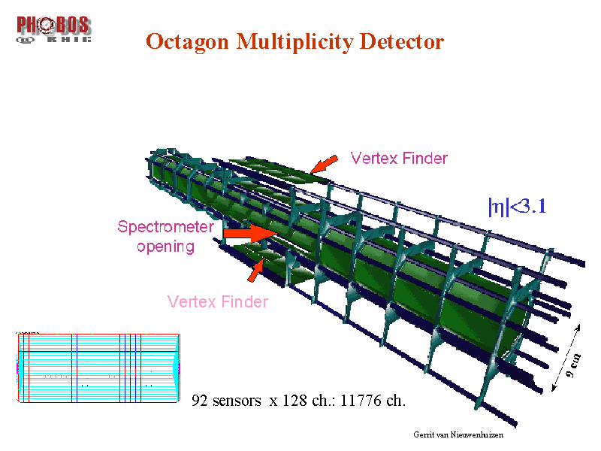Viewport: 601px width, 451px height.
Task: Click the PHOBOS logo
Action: point(53,29)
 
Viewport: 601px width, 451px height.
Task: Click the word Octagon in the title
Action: point(187,42)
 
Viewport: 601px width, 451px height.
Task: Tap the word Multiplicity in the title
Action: point(294,42)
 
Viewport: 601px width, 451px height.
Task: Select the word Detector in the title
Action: point(402,41)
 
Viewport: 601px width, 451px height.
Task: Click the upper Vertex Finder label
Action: point(399,159)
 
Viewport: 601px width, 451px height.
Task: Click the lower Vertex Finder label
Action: point(218,302)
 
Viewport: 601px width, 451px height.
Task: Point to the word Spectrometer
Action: point(165,227)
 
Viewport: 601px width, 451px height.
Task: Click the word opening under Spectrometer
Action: point(165,247)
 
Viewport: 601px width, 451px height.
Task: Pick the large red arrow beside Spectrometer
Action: point(250,233)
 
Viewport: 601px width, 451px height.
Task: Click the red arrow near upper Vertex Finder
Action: point(324,164)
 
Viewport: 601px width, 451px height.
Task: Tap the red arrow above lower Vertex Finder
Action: point(255,271)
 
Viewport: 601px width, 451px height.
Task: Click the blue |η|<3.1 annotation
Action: point(517,207)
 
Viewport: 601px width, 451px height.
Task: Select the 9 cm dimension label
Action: point(573,366)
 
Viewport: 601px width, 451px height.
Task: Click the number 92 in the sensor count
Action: point(199,401)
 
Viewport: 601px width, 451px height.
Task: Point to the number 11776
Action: point(361,401)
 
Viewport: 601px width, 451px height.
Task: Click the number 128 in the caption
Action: point(294,401)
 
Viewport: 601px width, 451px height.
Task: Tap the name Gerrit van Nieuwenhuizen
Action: point(458,435)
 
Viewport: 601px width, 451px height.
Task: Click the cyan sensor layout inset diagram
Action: point(98,368)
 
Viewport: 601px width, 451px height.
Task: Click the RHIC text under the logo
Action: point(69,39)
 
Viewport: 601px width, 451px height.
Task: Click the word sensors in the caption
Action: point(237,401)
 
